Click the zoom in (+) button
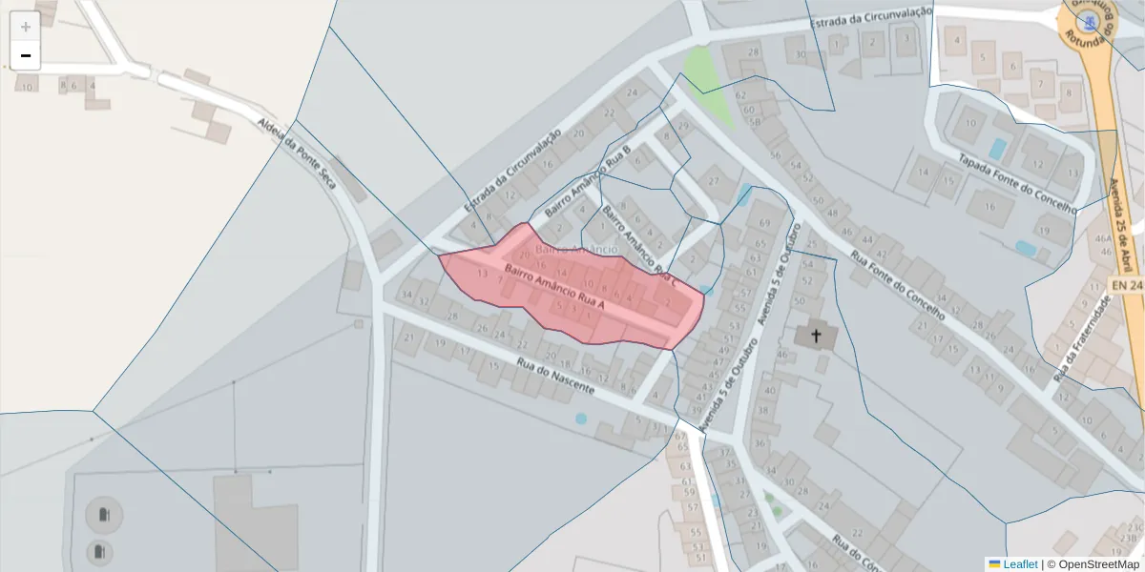[x=26, y=27]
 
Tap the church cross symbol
[x=816, y=337]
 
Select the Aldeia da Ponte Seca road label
[x=297, y=153]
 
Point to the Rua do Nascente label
[x=555, y=376]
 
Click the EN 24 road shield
[x=1127, y=285]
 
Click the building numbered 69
[x=763, y=223]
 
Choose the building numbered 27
[x=712, y=181]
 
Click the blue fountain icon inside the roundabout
[x=1086, y=20]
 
